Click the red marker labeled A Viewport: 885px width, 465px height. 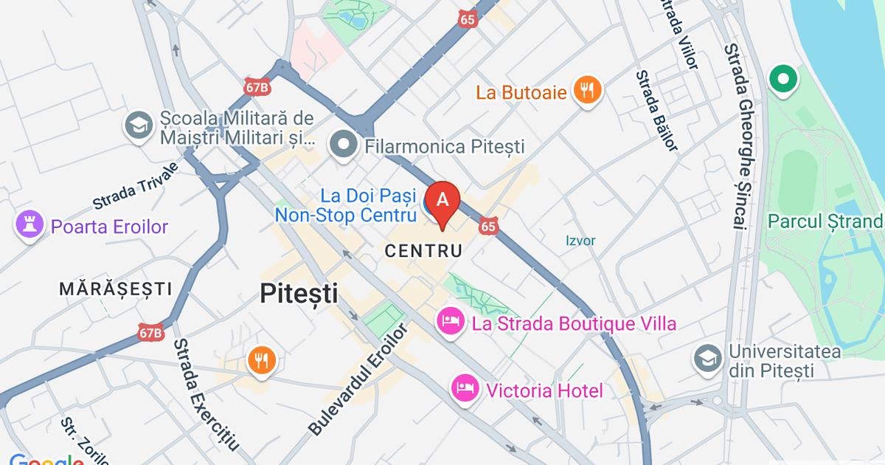point(442,201)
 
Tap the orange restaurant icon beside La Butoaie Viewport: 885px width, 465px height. point(587,92)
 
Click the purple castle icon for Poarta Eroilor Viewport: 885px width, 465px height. point(30,227)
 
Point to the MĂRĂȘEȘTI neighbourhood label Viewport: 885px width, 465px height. point(116,289)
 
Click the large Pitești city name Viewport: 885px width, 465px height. point(299,294)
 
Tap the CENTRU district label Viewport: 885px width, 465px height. point(423,251)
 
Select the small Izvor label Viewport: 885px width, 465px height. point(580,241)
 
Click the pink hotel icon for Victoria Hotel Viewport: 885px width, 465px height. point(465,389)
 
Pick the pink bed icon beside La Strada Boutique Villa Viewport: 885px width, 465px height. point(450,323)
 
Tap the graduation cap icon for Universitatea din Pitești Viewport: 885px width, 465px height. point(707,359)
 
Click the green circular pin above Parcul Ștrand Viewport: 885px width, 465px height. point(782,79)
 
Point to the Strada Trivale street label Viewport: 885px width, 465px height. point(136,186)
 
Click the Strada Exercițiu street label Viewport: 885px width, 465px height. point(206,395)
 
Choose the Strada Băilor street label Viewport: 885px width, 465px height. point(656,111)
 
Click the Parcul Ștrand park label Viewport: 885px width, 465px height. point(825,221)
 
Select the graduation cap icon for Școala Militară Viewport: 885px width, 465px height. point(138,125)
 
